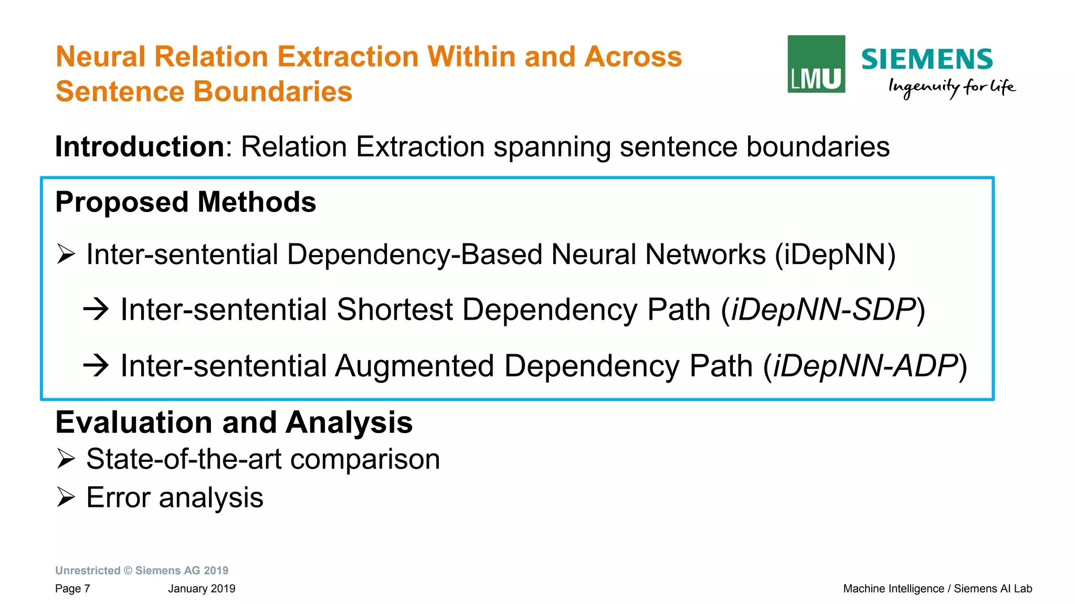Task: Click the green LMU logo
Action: click(x=816, y=64)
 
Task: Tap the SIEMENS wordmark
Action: click(x=926, y=59)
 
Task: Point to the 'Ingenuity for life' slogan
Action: click(x=951, y=87)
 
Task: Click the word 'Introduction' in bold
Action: click(x=140, y=146)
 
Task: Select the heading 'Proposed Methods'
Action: click(x=185, y=202)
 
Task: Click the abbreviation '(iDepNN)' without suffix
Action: click(x=835, y=255)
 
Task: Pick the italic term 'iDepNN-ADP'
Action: click(x=865, y=366)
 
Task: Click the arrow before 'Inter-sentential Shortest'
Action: click(x=96, y=309)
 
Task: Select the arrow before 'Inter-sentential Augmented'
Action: click(x=96, y=365)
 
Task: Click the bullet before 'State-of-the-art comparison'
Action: click(x=66, y=459)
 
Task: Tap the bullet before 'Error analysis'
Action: click(x=66, y=497)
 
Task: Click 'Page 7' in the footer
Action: click(x=72, y=589)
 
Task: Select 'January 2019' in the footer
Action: click(x=202, y=589)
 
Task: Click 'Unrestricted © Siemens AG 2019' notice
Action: click(x=142, y=570)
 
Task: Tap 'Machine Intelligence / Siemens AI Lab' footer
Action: click(x=937, y=589)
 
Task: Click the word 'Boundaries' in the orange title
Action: click(x=272, y=92)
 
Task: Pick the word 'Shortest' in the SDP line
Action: click(x=394, y=310)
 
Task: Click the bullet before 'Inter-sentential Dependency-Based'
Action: click(x=66, y=255)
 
